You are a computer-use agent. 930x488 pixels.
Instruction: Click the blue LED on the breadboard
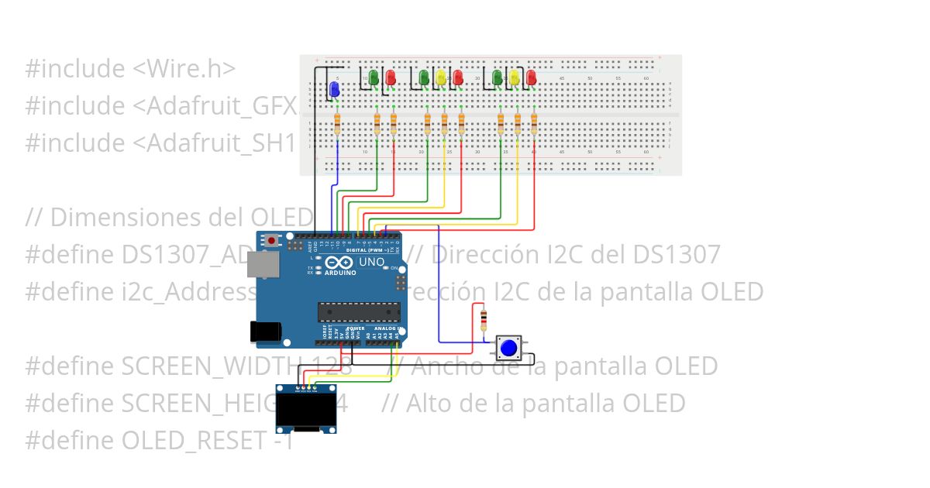pos(335,90)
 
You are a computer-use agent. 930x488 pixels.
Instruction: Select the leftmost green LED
pos(374,78)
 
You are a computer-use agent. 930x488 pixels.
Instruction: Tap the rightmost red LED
pos(531,78)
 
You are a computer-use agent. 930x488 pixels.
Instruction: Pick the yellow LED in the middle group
pos(440,78)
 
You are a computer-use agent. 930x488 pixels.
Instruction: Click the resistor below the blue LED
pos(336,124)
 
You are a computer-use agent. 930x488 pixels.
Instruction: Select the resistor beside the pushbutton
pos(484,318)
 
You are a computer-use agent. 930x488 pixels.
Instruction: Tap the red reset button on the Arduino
pos(271,241)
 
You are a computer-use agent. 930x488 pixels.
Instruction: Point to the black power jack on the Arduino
pos(264,331)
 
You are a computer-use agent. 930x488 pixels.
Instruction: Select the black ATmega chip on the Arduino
pos(359,311)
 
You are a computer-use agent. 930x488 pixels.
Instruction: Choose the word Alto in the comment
pos(429,404)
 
